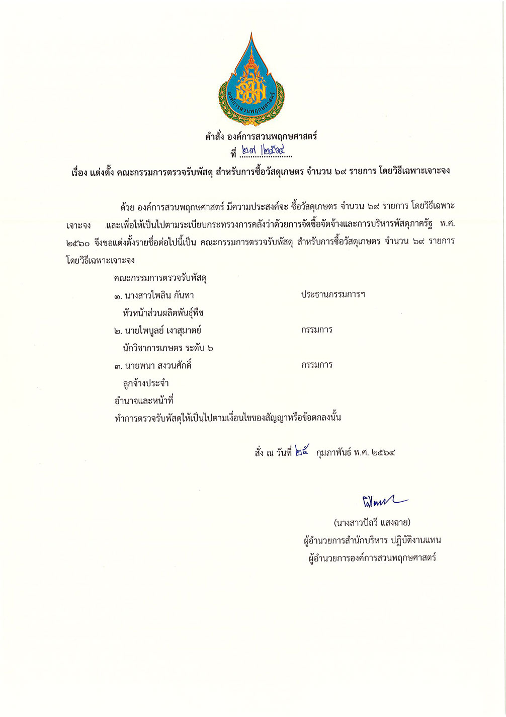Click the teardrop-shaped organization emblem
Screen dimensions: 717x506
(x=251, y=81)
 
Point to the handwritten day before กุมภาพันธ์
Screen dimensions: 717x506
(x=302, y=451)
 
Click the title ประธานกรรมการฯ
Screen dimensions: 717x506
(x=333, y=294)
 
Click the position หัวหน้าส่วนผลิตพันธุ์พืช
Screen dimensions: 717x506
(x=163, y=313)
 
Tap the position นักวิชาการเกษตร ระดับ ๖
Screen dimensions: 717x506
(x=168, y=348)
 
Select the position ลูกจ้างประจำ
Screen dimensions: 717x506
(x=145, y=383)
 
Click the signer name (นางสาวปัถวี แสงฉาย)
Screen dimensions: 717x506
(x=372, y=522)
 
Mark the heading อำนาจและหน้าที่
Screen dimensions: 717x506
(x=144, y=401)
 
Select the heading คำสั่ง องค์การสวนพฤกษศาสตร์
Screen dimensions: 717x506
(x=261, y=136)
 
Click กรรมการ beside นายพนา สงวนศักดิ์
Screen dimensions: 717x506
(x=317, y=365)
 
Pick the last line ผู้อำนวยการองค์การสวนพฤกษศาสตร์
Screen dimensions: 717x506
(x=372, y=557)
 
